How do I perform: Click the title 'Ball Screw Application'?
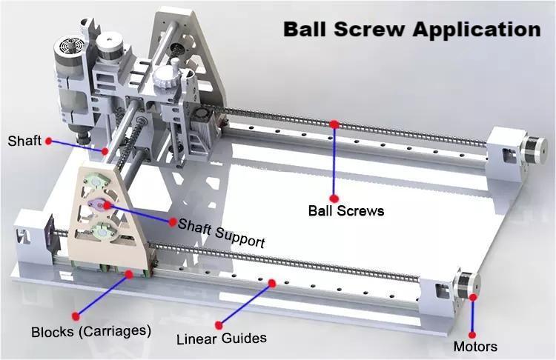click(412, 30)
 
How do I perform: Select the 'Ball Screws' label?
click(346, 210)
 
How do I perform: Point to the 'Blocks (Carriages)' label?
click(91, 330)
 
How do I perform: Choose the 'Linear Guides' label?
click(221, 339)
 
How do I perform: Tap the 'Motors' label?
click(475, 346)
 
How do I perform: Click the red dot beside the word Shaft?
click(48, 140)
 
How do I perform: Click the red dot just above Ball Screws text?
click(334, 198)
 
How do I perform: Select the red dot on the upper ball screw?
click(334, 124)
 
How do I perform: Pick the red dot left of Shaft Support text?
click(173, 221)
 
